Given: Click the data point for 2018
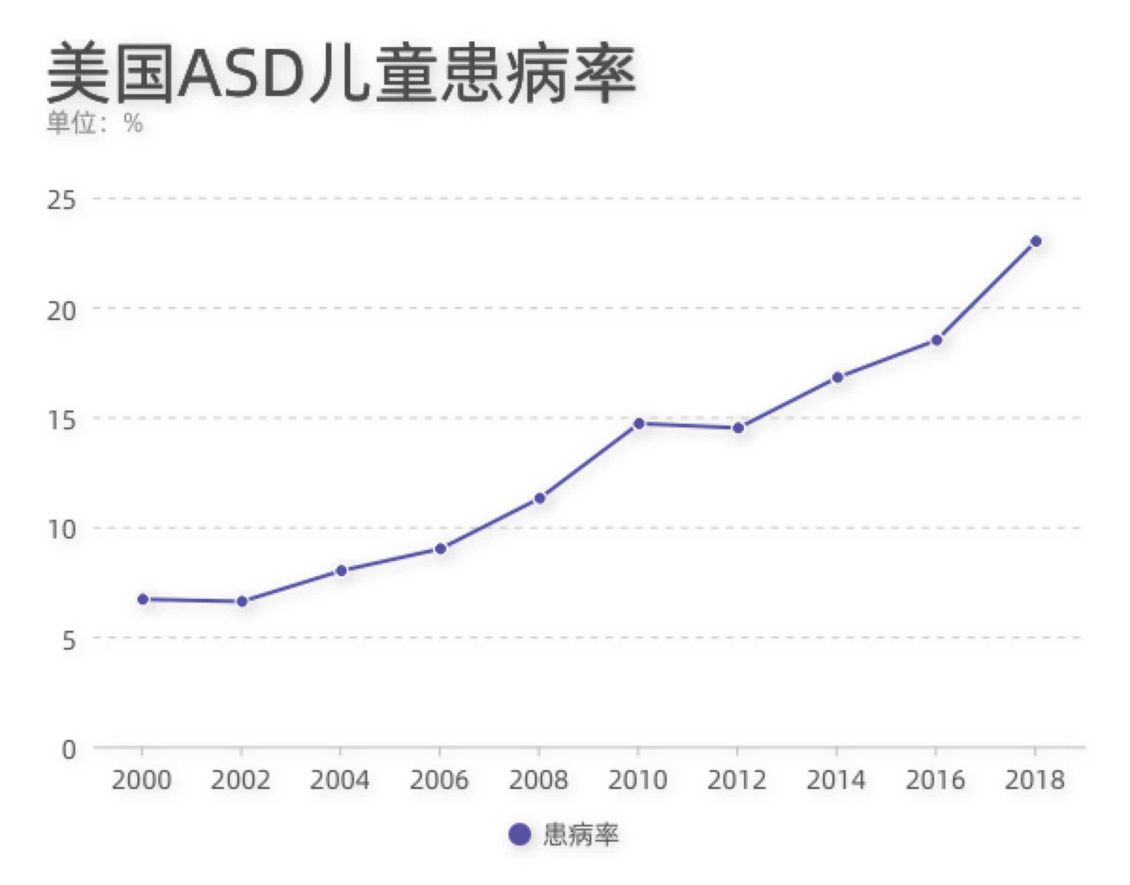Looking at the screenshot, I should coord(1036,241).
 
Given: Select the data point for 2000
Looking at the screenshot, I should coord(143,600).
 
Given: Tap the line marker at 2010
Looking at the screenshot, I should coord(639,424).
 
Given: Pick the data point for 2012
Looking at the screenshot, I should coord(738,428).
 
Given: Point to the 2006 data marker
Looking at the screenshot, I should coord(440,549).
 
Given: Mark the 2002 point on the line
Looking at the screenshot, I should coord(242,602).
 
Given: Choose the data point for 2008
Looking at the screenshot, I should coord(540,499).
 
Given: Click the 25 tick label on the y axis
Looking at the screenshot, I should coord(61,201).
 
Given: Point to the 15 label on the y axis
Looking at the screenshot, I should coord(61,420).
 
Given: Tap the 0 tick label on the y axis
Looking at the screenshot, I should coord(68,750).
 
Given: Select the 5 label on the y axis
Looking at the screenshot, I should coord(68,640).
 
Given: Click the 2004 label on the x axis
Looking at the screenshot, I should coord(340,780).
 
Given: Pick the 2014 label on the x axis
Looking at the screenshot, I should coord(836,780).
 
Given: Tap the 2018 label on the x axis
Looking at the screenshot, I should coord(1035,780).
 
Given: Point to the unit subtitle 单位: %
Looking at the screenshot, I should coord(95,123).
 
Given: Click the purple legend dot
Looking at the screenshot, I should coord(520,835).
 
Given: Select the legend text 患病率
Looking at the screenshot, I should coord(580,835).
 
